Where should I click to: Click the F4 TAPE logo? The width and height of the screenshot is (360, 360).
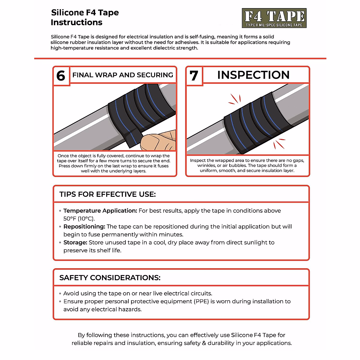[x=274, y=18]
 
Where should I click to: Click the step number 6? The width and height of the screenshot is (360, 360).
[x=61, y=76]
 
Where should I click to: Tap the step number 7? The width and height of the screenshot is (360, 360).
[x=194, y=76]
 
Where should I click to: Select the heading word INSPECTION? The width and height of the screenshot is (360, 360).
[x=253, y=75]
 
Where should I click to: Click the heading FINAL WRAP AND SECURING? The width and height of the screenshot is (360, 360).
[x=123, y=75]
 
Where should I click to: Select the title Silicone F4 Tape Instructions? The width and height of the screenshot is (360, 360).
[x=85, y=17]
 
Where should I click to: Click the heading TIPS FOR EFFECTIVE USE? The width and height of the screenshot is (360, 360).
[x=107, y=194]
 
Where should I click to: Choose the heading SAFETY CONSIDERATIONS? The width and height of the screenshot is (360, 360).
[x=110, y=278]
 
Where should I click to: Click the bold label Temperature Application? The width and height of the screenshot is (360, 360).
[x=100, y=211]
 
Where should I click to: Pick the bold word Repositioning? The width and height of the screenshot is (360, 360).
[x=84, y=227]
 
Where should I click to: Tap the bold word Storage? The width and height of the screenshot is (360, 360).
[x=75, y=243]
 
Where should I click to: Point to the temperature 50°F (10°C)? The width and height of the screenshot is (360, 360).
[x=79, y=219]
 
